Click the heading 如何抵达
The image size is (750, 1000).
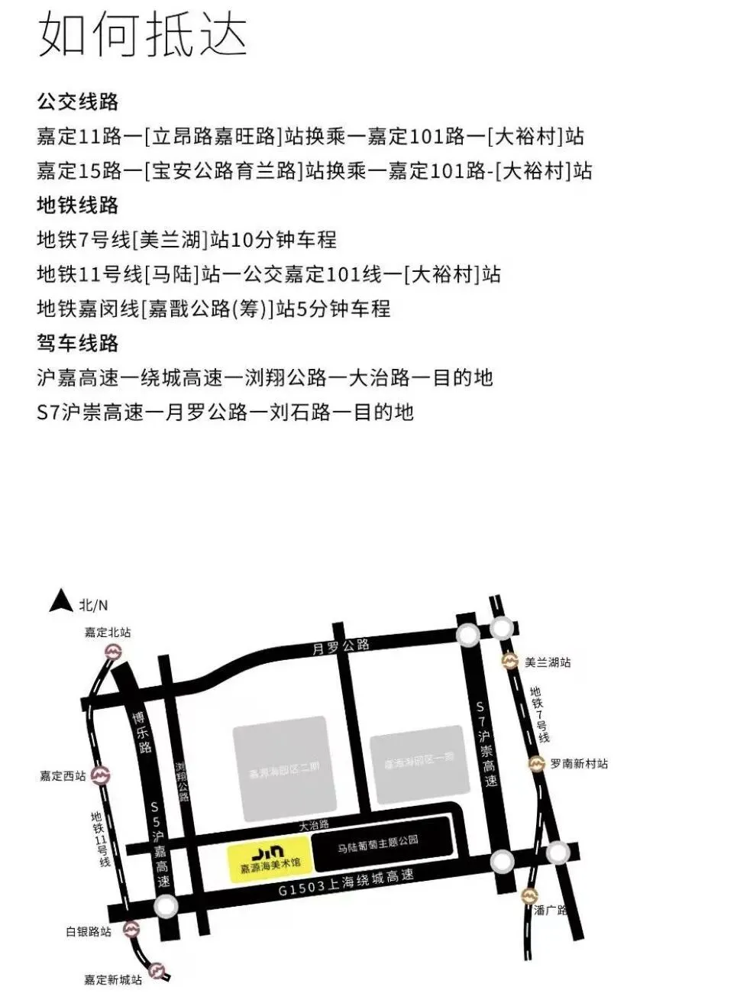(143, 34)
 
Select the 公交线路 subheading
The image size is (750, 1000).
(78, 102)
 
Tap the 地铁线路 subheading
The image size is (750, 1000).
(78, 205)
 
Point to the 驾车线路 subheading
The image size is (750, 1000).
(78, 343)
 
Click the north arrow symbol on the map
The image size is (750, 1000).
(60, 602)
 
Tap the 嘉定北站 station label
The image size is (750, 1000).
(108, 633)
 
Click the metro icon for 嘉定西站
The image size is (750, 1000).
(100, 775)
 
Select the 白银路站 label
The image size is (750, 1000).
(89, 931)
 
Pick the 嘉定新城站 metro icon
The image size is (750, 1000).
(157, 970)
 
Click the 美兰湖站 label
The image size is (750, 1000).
(548, 662)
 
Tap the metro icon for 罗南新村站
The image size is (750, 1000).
(537, 763)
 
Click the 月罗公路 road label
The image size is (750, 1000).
(341, 646)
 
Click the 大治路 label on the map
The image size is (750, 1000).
(313, 825)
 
